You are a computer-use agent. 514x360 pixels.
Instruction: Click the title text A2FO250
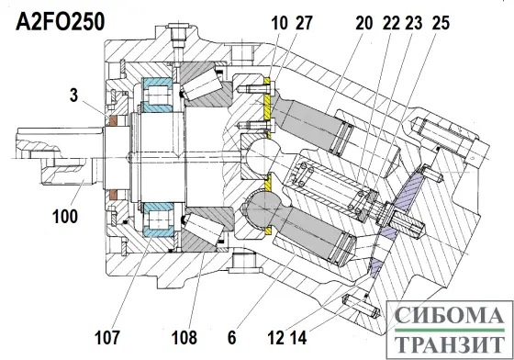pyautogui.click(x=61, y=22)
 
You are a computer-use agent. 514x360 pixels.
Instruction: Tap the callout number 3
pyautogui.click(x=74, y=96)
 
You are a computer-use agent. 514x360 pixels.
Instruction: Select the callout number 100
pyautogui.click(x=65, y=217)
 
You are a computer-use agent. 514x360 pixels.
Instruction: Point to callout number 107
pyautogui.click(x=107, y=337)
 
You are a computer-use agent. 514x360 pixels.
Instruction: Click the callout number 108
pyautogui.click(x=184, y=337)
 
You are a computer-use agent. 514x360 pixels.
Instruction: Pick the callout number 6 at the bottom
pyautogui.click(x=231, y=337)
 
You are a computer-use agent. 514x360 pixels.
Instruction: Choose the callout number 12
pyautogui.click(x=275, y=337)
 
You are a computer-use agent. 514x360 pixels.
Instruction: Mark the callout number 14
pyautogui.click(x=298, y=337)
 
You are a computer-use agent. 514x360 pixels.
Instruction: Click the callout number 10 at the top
pyautogui.click(x=279, y=23)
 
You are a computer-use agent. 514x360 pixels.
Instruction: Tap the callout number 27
pyautogui.click(x=304, y=23)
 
